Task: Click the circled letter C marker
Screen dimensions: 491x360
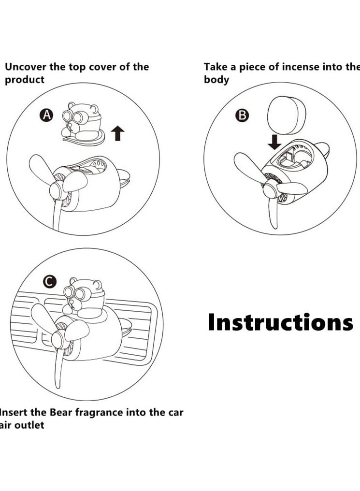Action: point(49,282)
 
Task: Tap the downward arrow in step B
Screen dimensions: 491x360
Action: point(275,142)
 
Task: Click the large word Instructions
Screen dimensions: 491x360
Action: point(280,322)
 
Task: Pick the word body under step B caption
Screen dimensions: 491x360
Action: point(216,80)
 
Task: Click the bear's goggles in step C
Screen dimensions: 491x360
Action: point(76,293)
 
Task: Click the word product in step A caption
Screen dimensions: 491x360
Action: point(24,80)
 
